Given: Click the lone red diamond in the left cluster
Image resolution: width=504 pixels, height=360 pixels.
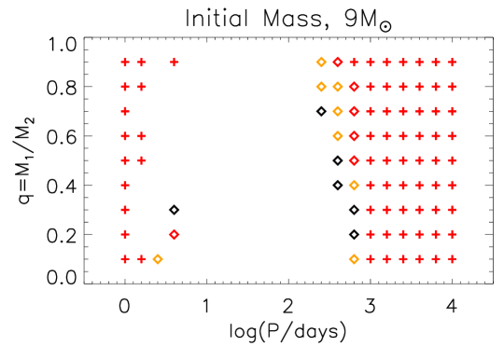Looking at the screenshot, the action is tap(175, 234).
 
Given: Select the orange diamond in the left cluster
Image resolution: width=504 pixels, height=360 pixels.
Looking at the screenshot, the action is tap(158, 258).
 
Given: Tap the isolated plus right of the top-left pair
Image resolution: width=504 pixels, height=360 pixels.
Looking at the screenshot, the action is tap(175, 62).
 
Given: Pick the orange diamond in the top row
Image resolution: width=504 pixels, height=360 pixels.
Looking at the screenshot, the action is tap(321, 62).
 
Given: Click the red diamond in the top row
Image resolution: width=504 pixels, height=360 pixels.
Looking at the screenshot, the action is tap(338, 62).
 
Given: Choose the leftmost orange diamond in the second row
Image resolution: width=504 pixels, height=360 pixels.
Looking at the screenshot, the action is tap(321, 87).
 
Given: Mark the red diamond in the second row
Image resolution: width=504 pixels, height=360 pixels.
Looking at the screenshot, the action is tap(354, 87).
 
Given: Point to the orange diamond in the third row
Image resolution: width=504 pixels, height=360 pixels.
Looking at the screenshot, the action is tap(338, 111).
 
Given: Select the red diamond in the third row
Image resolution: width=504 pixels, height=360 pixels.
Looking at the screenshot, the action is tap(354, 111).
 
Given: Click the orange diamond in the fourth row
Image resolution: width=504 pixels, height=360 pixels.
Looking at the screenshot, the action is tap(338, 136).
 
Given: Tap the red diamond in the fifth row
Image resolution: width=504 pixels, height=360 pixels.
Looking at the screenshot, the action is tap(354, 160).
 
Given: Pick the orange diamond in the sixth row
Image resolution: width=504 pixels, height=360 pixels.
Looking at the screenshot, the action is tap(354, 185).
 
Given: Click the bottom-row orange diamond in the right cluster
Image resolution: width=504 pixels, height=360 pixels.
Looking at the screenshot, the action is tap(354, 258).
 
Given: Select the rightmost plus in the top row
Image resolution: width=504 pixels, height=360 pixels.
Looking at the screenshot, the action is tap(452, 62).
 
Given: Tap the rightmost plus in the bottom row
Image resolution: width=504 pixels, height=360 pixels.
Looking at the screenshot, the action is tap(452, 258).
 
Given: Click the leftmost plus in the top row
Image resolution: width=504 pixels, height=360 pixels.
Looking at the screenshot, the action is tap(125, 62).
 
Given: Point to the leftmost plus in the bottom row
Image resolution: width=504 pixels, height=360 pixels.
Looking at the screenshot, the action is tap(125, 258).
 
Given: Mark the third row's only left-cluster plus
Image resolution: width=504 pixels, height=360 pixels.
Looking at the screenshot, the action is tap(125, 111).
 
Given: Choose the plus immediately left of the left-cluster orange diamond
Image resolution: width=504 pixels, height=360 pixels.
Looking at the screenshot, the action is tap(142, 258).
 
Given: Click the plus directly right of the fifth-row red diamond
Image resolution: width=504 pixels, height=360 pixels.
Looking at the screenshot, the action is tap(371, 160).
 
